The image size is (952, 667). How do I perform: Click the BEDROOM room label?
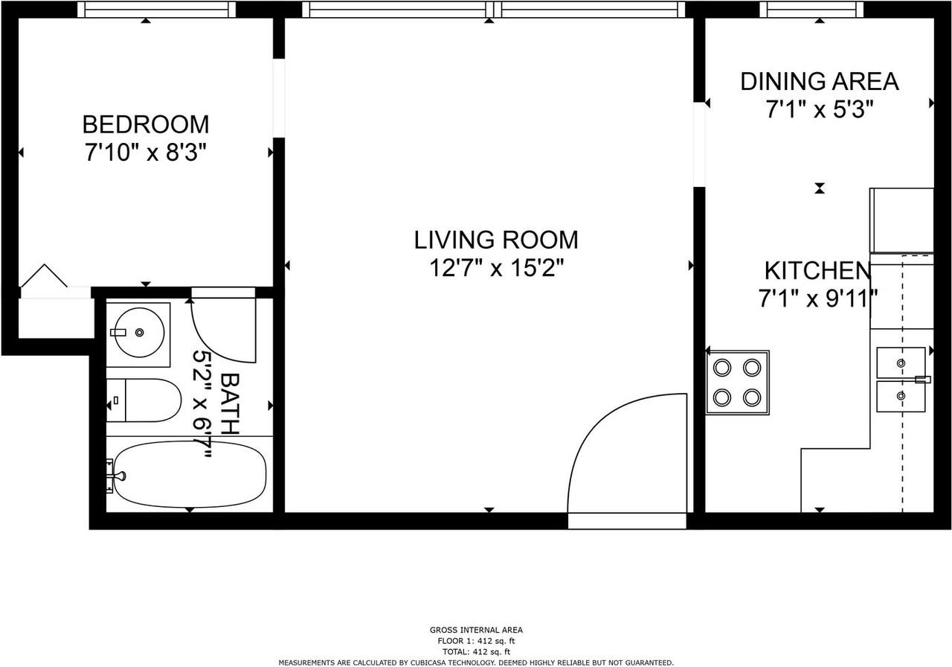[145, 124]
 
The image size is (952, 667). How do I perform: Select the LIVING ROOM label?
[495, 240]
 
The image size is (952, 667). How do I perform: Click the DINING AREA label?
[819, 81]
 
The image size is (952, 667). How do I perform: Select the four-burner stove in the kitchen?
[737, 382]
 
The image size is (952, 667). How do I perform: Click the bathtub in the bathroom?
[190, 473]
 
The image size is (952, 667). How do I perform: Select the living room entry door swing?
[626, 454]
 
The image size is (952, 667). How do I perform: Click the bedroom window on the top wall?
[156, 10]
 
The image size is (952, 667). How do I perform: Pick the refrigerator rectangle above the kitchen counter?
[901, 220]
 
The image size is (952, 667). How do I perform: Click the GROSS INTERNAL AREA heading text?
[476, 631]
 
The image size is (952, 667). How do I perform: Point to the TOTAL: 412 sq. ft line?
[476, 651]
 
